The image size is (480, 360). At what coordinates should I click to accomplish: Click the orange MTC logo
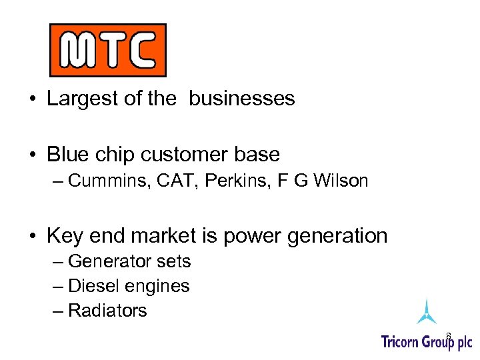(x=107, y=50)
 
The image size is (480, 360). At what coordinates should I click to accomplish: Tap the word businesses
(x=241, y=99)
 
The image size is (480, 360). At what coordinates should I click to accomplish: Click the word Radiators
(x=107, y=311)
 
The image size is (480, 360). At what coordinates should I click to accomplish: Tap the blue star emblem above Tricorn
(x=426, y=312)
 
